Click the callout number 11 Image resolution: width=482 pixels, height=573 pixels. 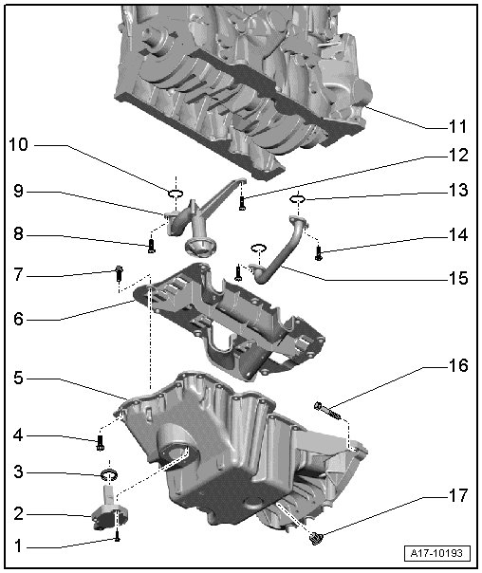tap(457, 126)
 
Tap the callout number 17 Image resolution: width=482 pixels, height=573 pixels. tap(458, 495)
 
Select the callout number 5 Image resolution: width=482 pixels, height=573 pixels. tap(19, 378)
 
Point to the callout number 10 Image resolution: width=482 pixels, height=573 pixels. tap(18, 145)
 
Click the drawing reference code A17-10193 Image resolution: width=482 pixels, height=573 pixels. tap(437, 553)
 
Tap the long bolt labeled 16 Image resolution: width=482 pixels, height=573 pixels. tap(327, 410)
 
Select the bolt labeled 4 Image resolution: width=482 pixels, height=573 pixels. tap(101, 443)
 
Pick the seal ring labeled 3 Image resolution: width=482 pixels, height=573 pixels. tap(109, 475)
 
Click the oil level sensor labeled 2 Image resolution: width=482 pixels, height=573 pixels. tap(108, 509)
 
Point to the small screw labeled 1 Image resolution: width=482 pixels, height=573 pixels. tap(118, 536)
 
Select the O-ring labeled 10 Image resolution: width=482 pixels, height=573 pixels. tap(176, 194)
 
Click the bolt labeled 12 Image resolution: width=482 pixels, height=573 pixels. tap(242, 203)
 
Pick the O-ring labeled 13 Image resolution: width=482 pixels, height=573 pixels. tap(298, 199)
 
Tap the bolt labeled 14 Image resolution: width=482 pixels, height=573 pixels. tap(319, 253)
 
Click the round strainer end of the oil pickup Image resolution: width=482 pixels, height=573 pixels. tap(201, 249)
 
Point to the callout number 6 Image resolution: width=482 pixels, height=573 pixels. tap(19, 319)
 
